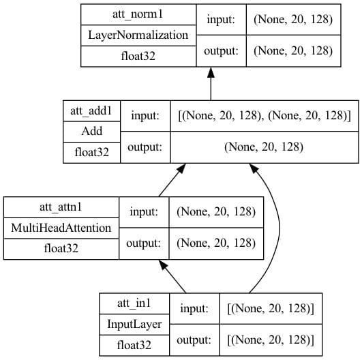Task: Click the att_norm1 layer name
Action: point(138,14)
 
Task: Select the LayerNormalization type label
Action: point(138,35)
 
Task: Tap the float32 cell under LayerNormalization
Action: point(138,56)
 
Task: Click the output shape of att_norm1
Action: point(293,51)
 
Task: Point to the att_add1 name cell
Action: point(91,111)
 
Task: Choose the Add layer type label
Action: point(91,131)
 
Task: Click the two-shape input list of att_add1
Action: point(265,115)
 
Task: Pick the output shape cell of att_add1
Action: point(264,147)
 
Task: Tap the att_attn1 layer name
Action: point(61,207)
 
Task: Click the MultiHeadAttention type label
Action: point(61,228)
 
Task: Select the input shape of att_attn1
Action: point(216,212)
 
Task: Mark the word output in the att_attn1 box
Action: point(143,243)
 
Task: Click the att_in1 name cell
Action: point(134,303)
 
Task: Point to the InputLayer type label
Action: point(134,325)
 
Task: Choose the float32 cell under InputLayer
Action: point(134,345)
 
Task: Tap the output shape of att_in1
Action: point(271,340)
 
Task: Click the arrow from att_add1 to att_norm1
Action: point(211,84)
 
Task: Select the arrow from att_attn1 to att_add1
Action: point(172,180)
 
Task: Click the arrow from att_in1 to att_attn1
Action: point(172,276)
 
